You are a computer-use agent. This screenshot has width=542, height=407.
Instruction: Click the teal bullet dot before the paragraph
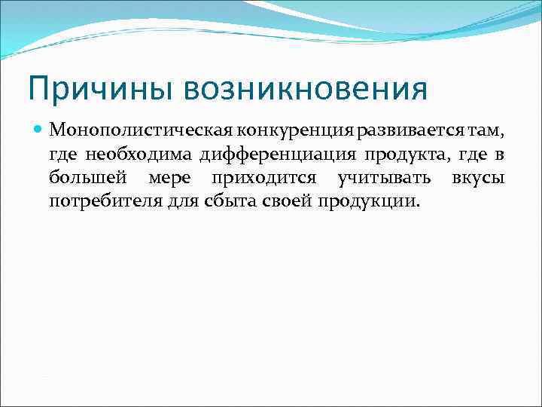tap(38, 130)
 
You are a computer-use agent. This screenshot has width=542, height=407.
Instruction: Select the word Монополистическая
tap(120, 131)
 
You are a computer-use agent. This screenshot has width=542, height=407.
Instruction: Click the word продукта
tap(409, 155)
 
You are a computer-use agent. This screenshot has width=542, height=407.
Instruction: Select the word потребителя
tap(102, 202)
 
